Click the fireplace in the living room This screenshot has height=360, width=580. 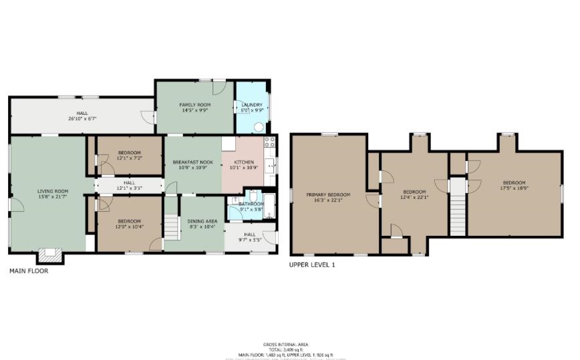tap(49, 254)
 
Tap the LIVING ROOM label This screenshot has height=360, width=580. tap(52, 191)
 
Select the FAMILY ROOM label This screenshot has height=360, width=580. tap(194, 106)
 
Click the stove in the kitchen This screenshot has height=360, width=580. tap(269, 142)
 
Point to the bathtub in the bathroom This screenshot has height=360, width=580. tap(269, 206)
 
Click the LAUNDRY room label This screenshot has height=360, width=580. tap(252, 105)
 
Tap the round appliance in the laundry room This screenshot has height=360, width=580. tap(259, 126)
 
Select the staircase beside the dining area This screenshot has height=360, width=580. tap(172, 227)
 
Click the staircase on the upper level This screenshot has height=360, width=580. tap(457, 211)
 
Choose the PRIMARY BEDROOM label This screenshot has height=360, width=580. tap(328, 195)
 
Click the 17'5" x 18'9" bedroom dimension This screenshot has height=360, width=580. tap(514, 189)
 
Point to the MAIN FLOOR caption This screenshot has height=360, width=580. tap(28, 271)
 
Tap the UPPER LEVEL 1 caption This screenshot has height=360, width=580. tap(312, 265)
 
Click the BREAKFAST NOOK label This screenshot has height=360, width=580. tap(192, 162)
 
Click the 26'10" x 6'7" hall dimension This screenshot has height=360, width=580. tap(82, 119)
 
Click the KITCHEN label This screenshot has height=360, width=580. tap(243, 162)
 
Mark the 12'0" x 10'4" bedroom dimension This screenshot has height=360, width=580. tap(129, 227)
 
